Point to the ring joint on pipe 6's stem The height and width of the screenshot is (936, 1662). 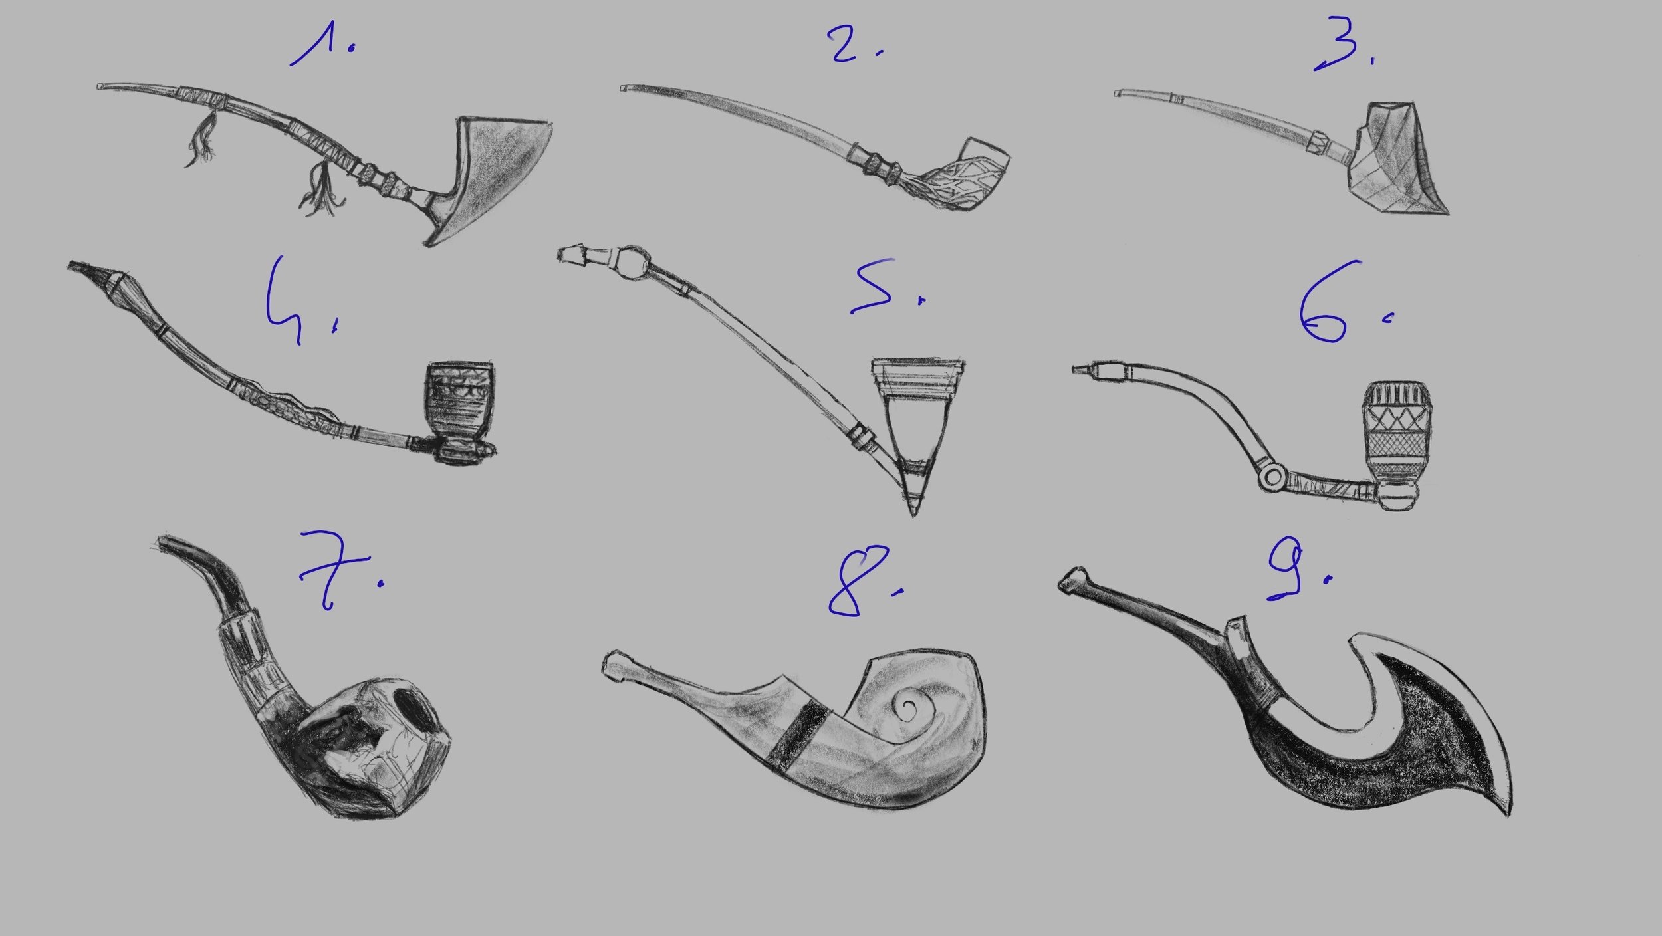point(1272,476)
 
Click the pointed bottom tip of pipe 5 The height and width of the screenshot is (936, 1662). point(912,513)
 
